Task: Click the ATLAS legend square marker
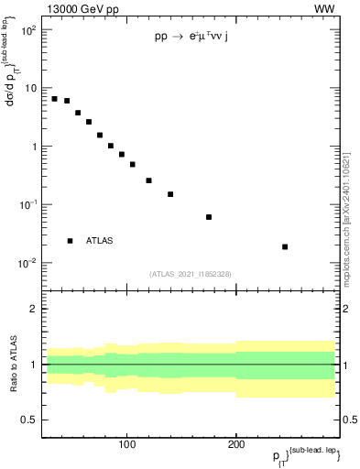coord(70,241)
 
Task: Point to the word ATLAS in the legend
coord(100,241)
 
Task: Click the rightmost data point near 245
coord(285,246)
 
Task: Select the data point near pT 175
coord(209,217)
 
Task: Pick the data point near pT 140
coord(170,194)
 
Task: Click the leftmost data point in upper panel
coord(55,99)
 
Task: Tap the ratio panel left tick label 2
coord(33,310)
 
